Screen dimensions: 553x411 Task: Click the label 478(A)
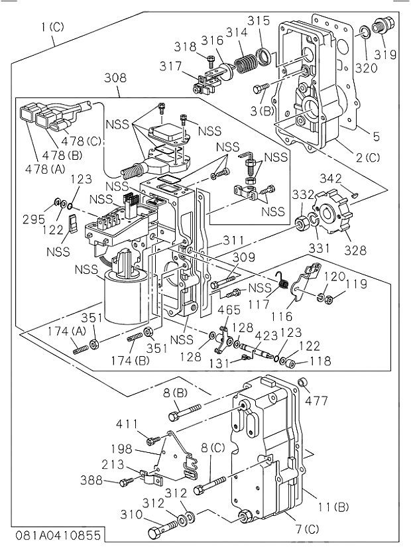click(44, 170)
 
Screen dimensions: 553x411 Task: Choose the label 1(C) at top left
click(52, 27)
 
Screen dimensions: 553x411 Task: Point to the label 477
click(316, 400)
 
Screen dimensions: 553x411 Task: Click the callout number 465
click(229, 310)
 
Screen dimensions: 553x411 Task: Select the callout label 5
click(376, 137)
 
